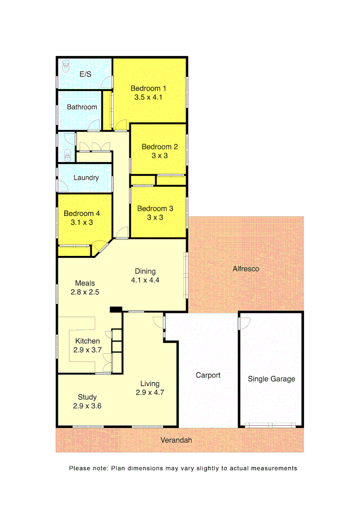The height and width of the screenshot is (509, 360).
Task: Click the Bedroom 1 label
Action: coord(148,88)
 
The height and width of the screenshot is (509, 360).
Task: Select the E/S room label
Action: coord(85,74)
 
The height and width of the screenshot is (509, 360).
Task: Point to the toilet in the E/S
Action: coord(65,66)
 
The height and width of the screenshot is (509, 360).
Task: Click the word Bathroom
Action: coord(82,107)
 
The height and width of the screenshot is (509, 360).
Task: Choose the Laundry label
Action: coord(86,178)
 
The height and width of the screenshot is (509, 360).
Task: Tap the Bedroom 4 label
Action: coord(82,213)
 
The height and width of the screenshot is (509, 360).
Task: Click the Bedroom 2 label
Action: coord(160,147)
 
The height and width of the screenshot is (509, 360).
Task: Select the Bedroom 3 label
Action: coord(155,208)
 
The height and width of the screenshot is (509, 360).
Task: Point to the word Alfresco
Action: coord(246,269)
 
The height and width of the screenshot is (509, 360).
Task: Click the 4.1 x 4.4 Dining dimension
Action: coord(146,280)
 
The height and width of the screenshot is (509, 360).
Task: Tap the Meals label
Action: coord(85,283)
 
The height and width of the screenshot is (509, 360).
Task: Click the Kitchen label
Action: coord(87,341)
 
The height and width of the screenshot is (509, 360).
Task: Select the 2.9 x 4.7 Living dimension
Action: coord(150,392)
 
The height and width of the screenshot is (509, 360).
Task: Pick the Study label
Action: coord(87,397)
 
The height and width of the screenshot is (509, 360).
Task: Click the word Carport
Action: coord(208,375)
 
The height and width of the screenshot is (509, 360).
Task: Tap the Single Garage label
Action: coord(271,378)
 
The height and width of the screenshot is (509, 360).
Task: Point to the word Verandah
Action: coord(176,440)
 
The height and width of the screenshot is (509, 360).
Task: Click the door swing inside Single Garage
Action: coord(244,323)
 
